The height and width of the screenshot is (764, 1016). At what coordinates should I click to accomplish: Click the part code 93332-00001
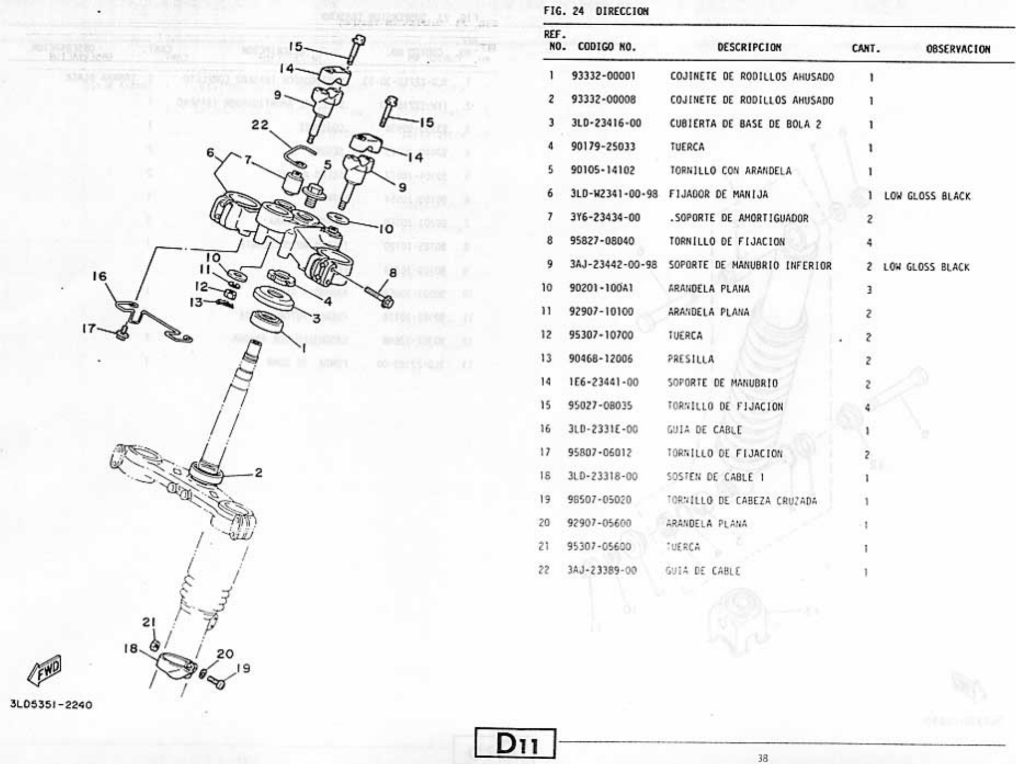[603, 76]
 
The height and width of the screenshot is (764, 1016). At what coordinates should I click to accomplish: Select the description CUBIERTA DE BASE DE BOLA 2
[745, 124]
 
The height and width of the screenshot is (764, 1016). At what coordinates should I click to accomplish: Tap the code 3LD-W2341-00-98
[614, 194]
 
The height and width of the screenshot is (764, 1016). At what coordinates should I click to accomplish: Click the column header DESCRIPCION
[749, 48]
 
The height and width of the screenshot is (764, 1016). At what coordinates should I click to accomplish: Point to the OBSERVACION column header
[958, 49]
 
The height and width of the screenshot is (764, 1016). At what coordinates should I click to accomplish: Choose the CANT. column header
[865, 49]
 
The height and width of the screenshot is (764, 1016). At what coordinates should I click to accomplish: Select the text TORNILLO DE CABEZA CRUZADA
[741, 500]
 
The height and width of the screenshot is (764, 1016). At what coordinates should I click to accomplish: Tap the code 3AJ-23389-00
[602, 571]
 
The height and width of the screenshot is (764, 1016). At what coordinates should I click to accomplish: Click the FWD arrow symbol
[46, 670]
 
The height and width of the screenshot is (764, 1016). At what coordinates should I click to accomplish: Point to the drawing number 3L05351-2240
[51, 705]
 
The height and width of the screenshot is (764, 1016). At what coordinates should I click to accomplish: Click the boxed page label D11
[515, 744]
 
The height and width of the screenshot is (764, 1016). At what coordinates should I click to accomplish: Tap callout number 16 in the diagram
[99, 276]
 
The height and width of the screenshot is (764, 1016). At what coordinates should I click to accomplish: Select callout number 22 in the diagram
[260, 126]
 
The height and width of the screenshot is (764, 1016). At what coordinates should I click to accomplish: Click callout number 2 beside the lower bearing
[258, 472]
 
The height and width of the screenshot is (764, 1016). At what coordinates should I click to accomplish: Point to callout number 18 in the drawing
[130, 648]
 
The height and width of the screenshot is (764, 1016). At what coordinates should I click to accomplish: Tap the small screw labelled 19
[216, 683]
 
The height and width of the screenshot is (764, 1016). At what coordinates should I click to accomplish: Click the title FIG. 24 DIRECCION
[596, 12]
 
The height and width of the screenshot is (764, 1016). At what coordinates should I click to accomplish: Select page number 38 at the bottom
[762, 759]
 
